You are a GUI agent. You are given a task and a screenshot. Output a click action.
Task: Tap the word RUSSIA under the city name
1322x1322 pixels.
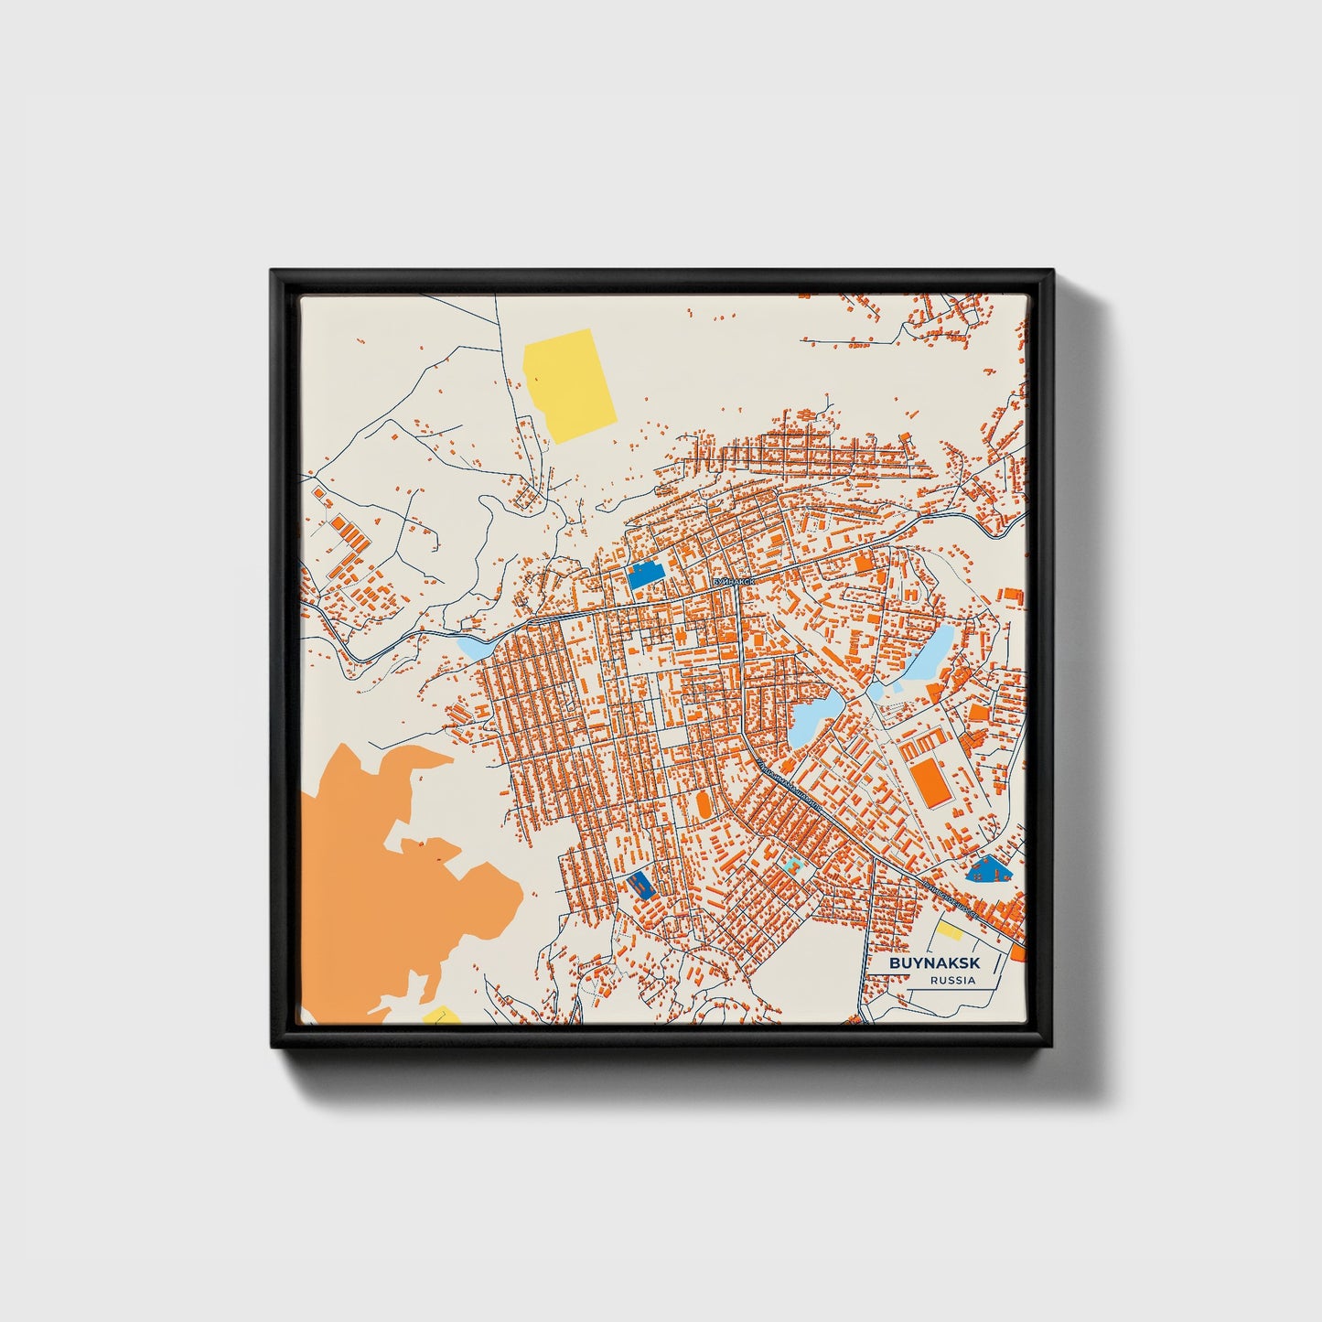pos(951,981)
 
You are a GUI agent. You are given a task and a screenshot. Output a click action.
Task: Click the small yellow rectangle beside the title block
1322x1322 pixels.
pos(948,931)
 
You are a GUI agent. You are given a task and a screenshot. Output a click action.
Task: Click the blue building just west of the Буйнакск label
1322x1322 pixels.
pos(645,575)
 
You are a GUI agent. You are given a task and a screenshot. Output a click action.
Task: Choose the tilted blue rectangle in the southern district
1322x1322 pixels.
pos(640,884)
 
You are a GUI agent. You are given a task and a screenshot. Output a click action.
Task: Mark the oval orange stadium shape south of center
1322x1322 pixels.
pos(704,804)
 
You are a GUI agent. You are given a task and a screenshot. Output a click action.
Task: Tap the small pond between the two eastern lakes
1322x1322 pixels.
pos(876,691)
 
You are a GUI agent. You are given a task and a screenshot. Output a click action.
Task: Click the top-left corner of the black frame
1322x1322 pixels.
pos(274,273)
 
